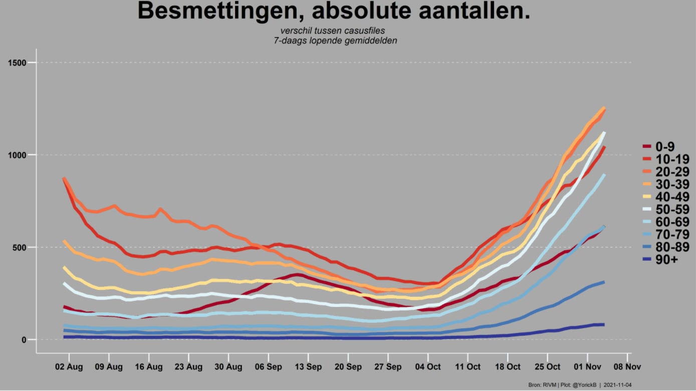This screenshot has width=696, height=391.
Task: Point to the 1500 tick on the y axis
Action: point(17,63)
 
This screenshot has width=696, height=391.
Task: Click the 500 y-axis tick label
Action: point(20,247)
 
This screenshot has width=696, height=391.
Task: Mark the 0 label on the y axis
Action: point(24,340)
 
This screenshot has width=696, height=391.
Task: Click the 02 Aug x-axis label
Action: point(69,367)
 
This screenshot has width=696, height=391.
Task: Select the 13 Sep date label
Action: point(308,367)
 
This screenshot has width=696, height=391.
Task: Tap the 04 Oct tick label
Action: point(428,367)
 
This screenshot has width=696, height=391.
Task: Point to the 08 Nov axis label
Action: point(627,367)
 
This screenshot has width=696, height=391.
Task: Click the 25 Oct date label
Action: point(548,367)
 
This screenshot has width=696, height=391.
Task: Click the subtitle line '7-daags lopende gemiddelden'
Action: point(335,41)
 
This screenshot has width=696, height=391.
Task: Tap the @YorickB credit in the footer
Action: point(584,385)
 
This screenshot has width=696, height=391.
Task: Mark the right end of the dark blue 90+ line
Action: point(604,324)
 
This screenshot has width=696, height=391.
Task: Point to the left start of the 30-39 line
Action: point(64,241)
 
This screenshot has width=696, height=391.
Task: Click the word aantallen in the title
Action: point(475,12)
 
